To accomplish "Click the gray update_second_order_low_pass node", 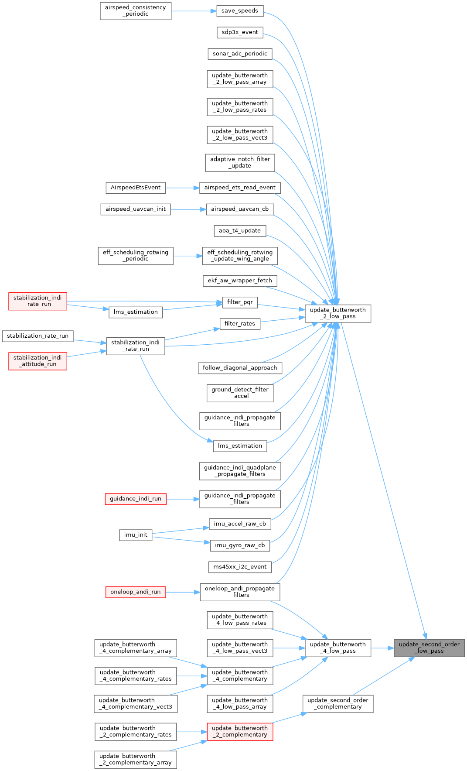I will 429,648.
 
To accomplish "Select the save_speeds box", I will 240,11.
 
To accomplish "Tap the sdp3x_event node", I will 240,32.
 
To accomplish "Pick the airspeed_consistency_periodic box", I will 136,11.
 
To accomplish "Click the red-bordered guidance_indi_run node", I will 136,499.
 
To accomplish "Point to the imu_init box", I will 136,535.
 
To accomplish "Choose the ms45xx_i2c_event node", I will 240,567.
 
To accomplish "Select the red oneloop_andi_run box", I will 136,592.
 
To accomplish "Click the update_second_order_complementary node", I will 338,703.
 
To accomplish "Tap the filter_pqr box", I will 240,302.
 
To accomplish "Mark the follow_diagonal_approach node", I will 240,368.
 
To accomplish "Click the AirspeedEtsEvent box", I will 136,188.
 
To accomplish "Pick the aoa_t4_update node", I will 240,231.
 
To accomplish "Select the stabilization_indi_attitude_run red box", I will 37,361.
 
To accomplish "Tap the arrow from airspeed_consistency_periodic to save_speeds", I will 194,11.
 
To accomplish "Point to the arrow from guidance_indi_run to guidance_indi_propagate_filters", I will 183,499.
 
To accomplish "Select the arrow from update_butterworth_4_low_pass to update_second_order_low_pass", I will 382,648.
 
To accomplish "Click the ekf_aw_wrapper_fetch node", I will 240,281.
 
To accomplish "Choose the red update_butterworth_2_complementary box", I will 240,731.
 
